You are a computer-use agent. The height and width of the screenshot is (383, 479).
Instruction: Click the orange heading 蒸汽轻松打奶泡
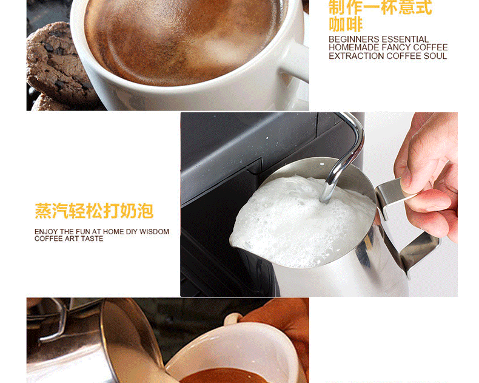pyautogui.click(x=94, y=211)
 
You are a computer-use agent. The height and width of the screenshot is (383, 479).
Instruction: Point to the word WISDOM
pyautogui.click(x=155, y=232)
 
